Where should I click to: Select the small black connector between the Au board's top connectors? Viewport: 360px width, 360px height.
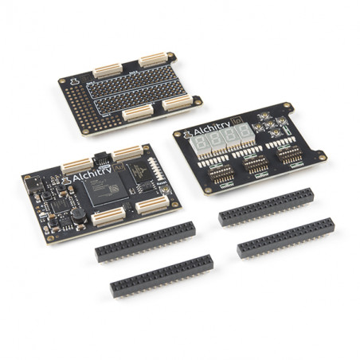pos(100,158)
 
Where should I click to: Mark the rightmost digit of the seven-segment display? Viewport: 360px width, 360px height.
pos(238,135)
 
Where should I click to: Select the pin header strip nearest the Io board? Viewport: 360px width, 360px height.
pos(266,206)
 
